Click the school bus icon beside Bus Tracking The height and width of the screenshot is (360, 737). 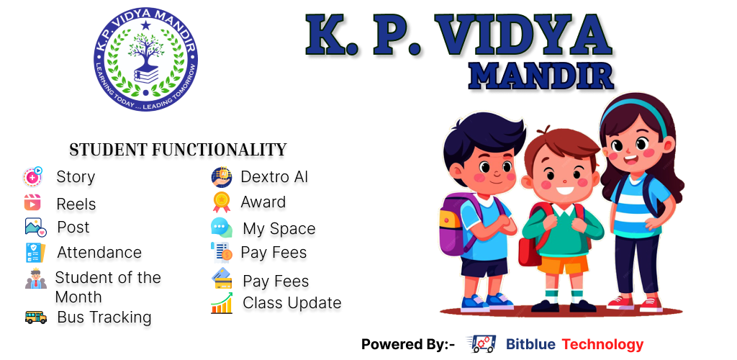click(x=36, y=318)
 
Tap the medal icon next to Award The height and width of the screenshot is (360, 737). click(x=222, y=202)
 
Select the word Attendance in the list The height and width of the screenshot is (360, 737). click(x=99, y=253)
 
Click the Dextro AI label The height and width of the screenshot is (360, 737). click(x=274, y=176)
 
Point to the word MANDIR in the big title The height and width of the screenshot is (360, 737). click(x=541, y=76)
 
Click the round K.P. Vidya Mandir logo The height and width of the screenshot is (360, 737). click(x=145, y=59)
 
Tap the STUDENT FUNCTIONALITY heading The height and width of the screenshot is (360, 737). click(x=178, y=150)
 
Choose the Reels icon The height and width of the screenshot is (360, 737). click(x=32, y=202)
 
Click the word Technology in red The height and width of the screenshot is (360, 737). click(x=602, y=344)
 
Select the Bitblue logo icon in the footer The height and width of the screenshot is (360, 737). click(x=481, y=344)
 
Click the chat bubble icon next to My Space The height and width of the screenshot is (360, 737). click(x=222, y=228)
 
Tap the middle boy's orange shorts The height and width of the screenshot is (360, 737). click(x=563, y=264)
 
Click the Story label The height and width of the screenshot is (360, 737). click(x=76, y=176)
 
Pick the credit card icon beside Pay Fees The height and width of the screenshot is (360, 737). click(x=222, y=279)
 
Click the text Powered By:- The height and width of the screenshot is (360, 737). click(x=408, y=344)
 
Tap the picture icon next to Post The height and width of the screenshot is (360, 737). click(x=36, y=228)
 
